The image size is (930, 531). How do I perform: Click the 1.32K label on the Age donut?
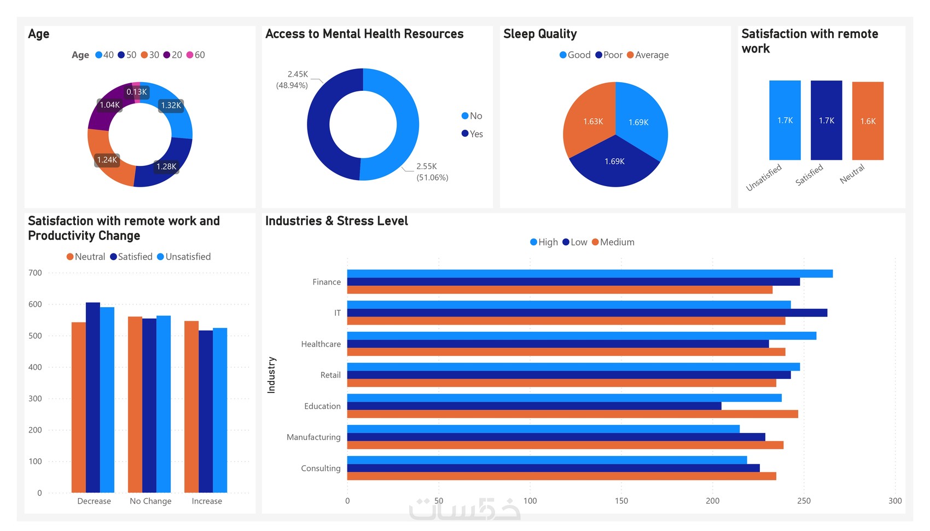(171, 105)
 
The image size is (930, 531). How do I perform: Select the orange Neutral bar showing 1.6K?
(868, 121)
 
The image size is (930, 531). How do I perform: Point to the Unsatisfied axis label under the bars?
(764, 177)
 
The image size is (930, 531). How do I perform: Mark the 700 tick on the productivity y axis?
(35, 273)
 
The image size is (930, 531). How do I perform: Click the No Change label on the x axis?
(150, 501)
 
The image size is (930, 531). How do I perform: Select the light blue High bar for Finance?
(590, 274)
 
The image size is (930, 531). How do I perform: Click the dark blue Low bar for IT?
(587, 313)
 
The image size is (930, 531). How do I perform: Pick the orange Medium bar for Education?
(572, 414)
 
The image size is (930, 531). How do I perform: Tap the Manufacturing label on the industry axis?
(313, 437)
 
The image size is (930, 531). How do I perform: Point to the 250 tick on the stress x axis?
(804, 500)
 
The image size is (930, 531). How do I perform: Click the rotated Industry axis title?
(271, 375)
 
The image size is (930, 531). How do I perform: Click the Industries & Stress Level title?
(336, 221)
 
